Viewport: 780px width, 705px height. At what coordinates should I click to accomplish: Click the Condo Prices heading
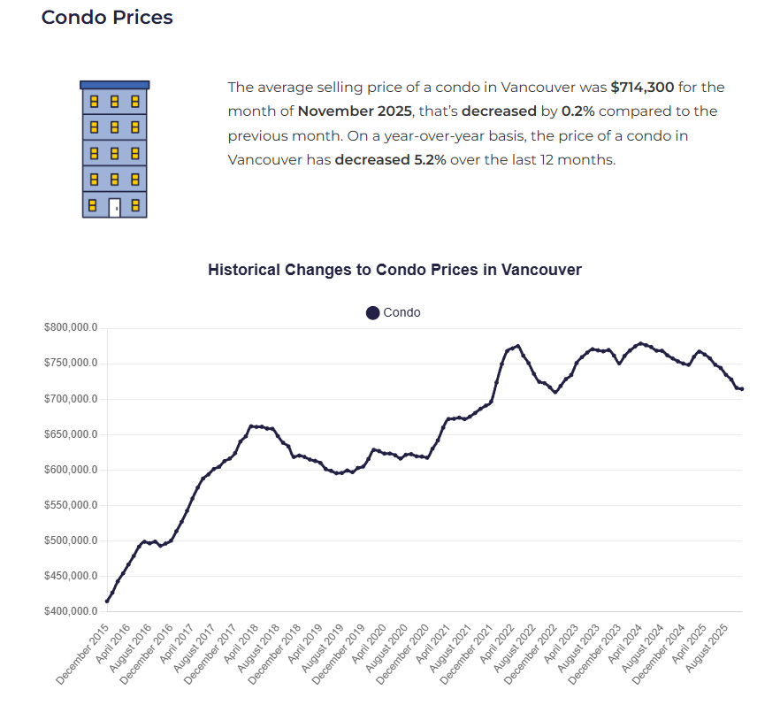(x=107, y=17)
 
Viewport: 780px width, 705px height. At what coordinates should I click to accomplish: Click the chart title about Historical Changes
(x=394, y=269)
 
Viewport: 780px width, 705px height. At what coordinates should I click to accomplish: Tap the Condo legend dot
(x=372, y=312)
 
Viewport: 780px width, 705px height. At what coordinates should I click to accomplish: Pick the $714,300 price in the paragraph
(x=642, y=88)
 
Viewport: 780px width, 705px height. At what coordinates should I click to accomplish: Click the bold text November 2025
(x=354, y=111)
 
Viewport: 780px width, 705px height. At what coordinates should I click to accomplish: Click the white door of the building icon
(x=114, y=208)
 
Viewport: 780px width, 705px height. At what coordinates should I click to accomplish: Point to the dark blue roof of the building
(x=114, y=85)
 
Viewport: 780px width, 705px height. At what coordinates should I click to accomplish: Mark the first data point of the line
(x=107, y=602)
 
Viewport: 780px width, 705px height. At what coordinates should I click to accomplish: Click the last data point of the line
(x=741, y=389)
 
